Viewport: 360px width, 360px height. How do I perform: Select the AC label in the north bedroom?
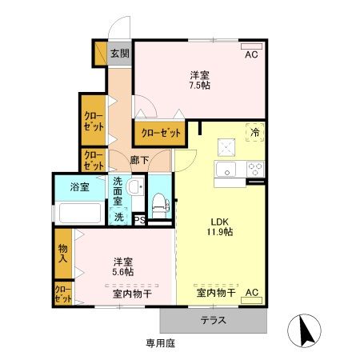tap(250, 55)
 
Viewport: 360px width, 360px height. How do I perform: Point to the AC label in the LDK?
tap(250, 293)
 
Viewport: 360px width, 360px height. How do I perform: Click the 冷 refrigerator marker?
tap(255, 133)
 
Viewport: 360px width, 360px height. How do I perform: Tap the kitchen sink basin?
tap(225, 169)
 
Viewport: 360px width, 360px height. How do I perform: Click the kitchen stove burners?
tap(255, 169)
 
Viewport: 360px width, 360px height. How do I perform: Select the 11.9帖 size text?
tap(222, 231)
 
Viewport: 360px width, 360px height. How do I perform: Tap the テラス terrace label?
tap(213, 321)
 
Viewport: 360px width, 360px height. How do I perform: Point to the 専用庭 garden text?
tap(160, 343)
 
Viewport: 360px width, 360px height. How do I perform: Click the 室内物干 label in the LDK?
tap(216, 294)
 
